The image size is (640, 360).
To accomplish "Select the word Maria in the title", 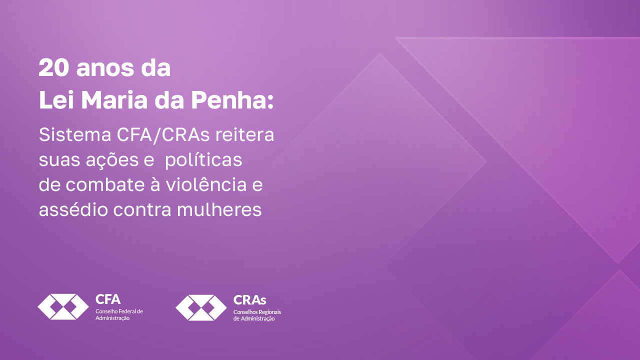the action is point(114,100).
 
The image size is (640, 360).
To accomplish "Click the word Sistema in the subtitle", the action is point(75,134).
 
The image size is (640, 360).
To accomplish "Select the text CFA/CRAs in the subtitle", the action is point(163,134).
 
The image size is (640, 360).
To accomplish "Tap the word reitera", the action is point(245,134).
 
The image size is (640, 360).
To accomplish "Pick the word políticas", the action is point(203,160).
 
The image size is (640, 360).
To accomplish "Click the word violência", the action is point(206,184).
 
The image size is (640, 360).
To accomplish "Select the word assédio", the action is point(73,209).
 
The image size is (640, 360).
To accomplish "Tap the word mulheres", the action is point(219,209).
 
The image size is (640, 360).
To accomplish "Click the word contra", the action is point(142,209).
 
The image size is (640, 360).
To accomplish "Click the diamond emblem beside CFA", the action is point(63,306).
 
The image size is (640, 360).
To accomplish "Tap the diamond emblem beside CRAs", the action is point(201,307).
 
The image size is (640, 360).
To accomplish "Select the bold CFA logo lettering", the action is point(107,299).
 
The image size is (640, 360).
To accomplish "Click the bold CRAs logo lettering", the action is point(249,300).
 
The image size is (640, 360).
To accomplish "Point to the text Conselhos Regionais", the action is point(257,312).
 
